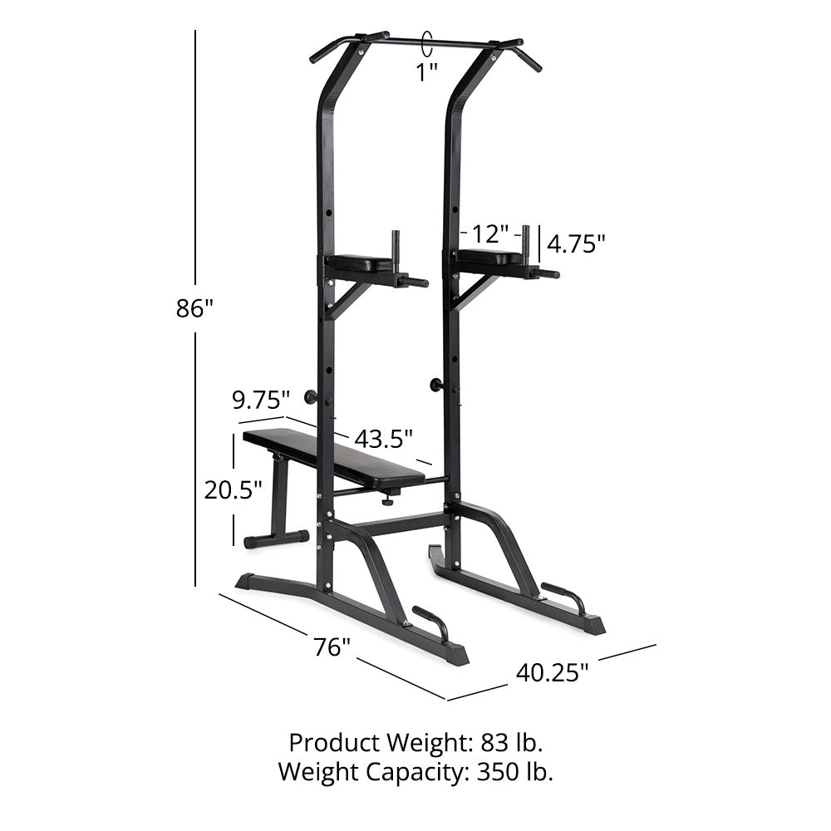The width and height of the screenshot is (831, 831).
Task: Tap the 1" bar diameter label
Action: [427, 71]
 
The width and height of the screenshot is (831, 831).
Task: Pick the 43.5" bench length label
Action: [383, 437]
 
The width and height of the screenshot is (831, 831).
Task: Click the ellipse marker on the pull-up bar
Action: [428, 41]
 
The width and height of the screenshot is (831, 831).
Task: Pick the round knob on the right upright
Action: [435, 384]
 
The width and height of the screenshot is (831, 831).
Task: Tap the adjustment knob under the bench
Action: [387, 500]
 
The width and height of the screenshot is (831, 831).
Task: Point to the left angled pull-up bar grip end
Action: [321, 55]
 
